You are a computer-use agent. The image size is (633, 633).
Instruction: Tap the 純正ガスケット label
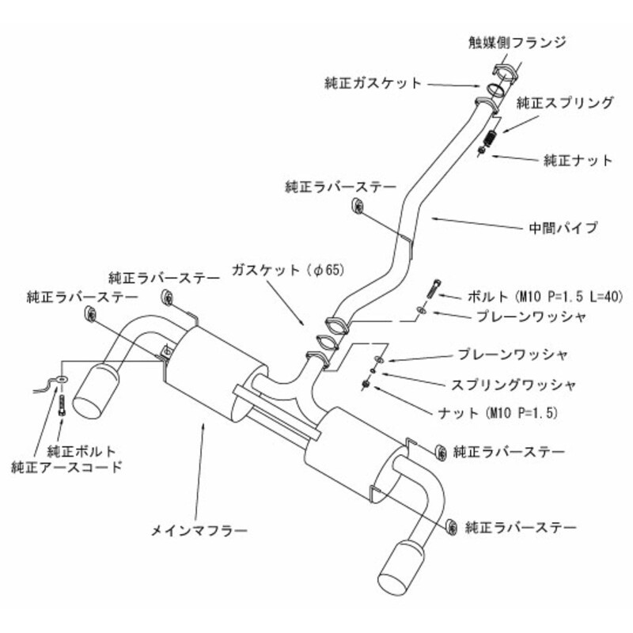373,81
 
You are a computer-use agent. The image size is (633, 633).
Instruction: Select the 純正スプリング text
565,102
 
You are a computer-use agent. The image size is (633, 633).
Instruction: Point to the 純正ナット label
578,160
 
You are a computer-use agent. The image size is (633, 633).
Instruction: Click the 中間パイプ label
563,228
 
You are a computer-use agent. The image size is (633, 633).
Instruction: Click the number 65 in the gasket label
332,270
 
